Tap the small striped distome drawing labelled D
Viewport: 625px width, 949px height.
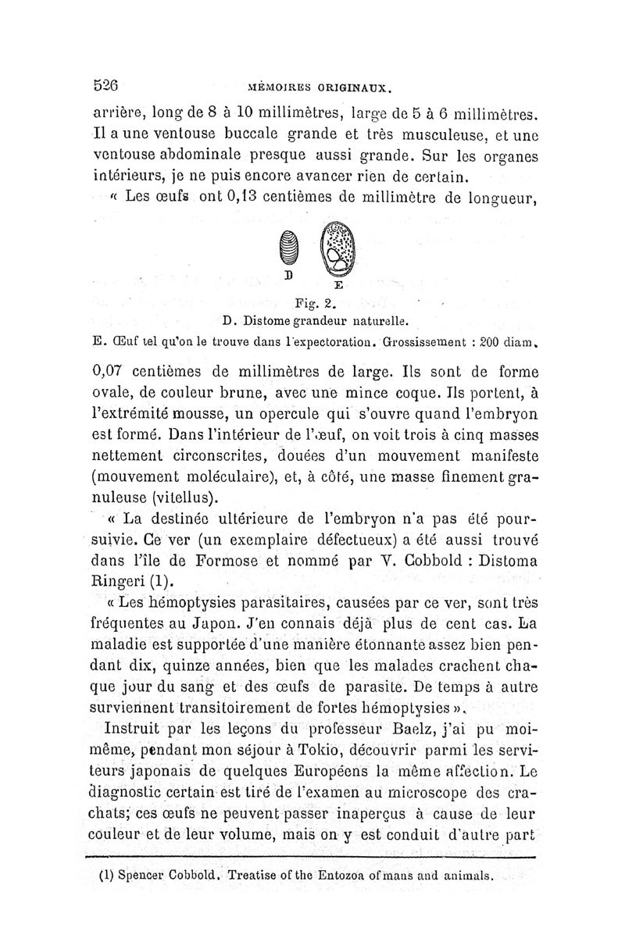tap(288, 250)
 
